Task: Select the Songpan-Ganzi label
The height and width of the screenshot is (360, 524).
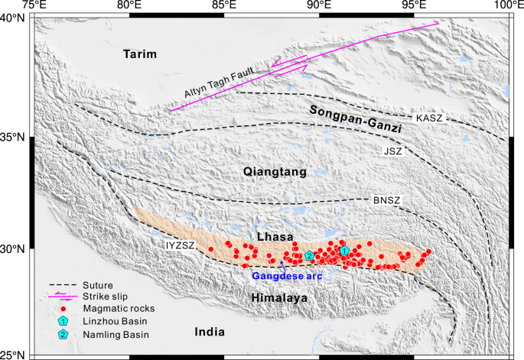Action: pos(356,118)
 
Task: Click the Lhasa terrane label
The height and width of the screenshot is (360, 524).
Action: pos(273,237)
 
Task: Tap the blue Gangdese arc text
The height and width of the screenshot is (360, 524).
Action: pos(282,276)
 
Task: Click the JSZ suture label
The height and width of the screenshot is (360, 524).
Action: pos(392,151)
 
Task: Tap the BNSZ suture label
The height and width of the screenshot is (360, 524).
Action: pos(386,200)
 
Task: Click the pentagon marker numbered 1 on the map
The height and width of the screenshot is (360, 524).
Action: pos(344,250)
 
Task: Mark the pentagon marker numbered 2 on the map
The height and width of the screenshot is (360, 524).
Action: pos(309,255)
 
